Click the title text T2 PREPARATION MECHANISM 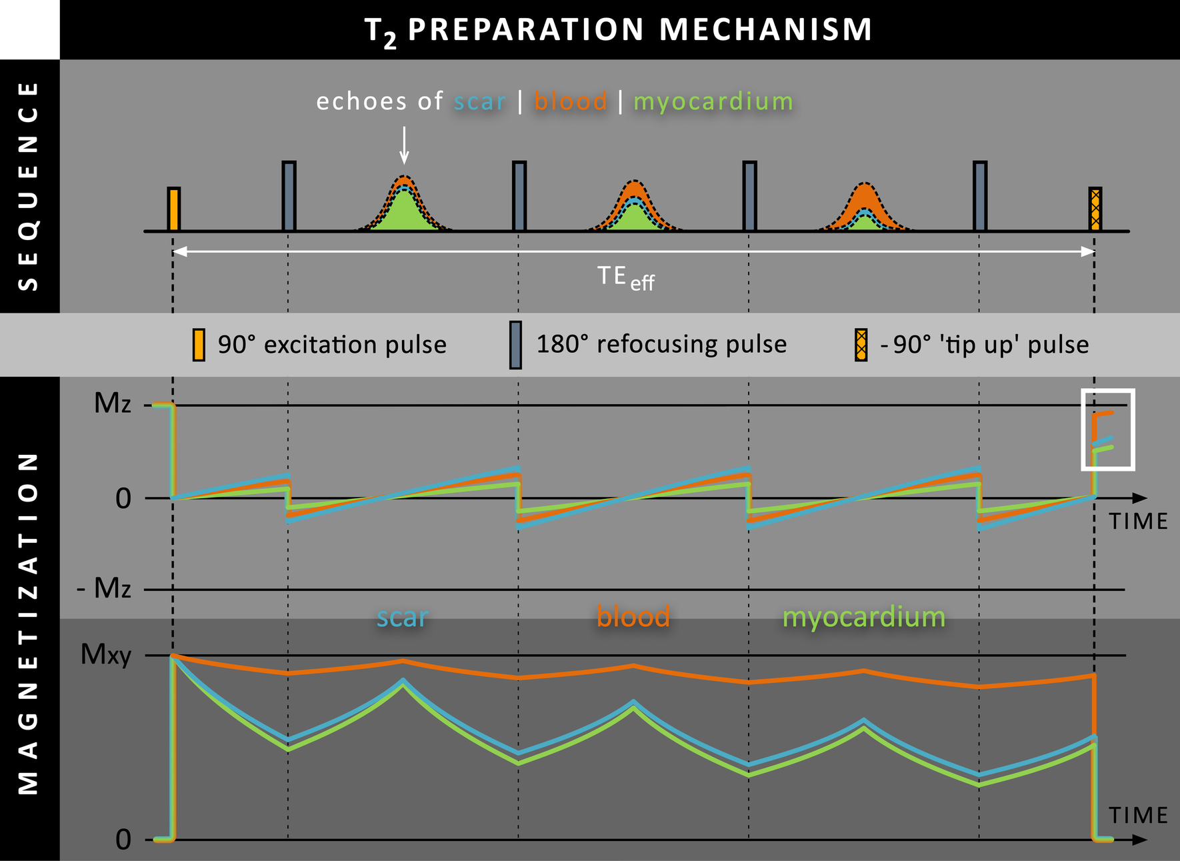point(618,30)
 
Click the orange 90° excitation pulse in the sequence point(173,209)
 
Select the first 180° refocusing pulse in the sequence point(289,196)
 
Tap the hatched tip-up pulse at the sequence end point(1095,209)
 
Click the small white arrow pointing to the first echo point(404,145)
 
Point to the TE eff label point(625,277)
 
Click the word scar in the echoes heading point(479,101)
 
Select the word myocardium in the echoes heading point(713,101)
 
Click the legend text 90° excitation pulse point(332,345)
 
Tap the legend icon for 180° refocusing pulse point(515,345)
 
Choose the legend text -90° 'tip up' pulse point(984,345)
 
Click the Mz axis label point(112,403)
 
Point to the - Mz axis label point(104,588)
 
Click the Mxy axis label point(105,654)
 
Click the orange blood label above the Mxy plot point(633,616)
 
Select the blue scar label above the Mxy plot point(402,617)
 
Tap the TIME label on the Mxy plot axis point(1138,816)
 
